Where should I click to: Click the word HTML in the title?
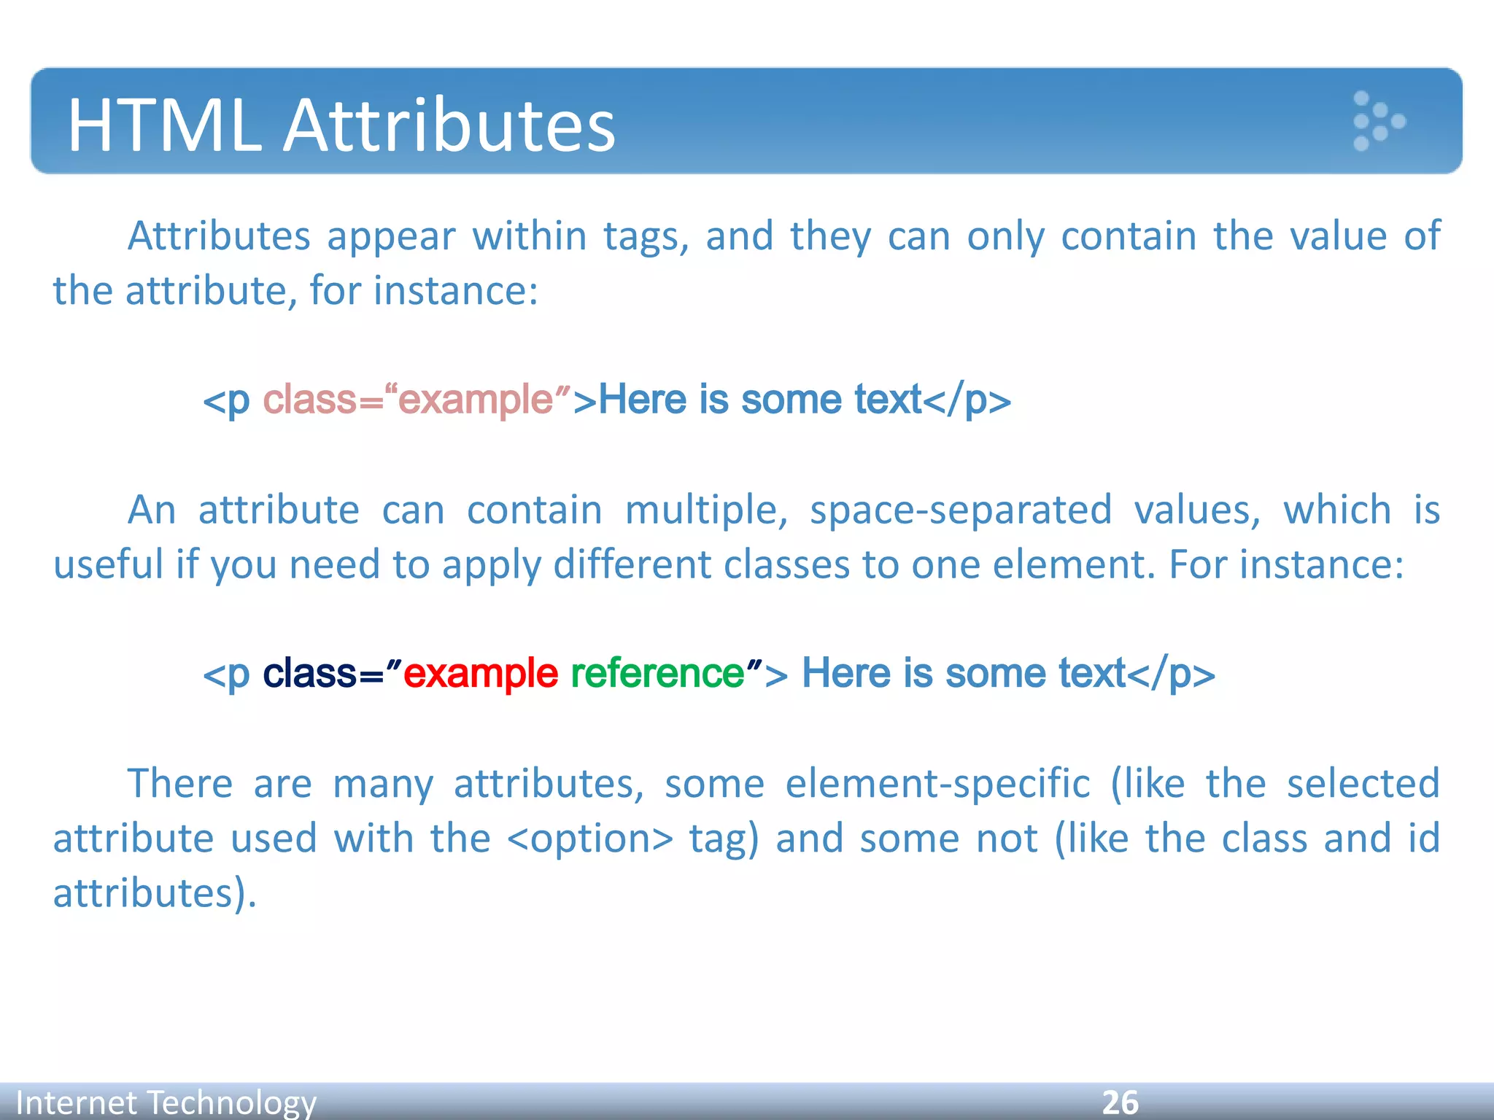164,125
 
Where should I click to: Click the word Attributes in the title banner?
449,125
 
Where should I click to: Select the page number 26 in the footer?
1120,1102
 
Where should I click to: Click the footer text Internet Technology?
166,1102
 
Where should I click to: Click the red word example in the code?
480,672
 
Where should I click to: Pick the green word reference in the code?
657,672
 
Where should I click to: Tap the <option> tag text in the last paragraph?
589,838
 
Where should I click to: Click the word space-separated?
961,510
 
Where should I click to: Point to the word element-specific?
937,783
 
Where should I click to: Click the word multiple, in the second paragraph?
706,510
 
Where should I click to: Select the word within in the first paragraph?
529,236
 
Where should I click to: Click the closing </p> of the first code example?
967,400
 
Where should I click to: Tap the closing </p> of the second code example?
1172,672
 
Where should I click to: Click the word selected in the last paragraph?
1363,783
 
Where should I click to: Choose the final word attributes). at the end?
155,892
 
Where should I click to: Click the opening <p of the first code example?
226,400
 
